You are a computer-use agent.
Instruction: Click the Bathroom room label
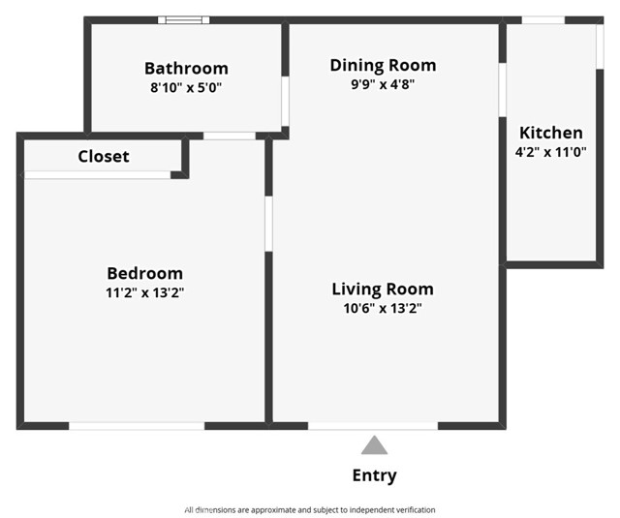tap(186, 68)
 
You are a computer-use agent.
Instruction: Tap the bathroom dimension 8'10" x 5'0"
tap(186, 86)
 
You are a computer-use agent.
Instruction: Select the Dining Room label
tap(383, 65)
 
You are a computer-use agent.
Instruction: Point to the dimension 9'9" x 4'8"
tap(383, 84)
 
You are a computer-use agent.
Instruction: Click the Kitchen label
tap(551, 133)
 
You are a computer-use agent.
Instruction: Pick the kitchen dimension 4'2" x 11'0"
tap(551, 151)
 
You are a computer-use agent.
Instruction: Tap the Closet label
tap(103, 156)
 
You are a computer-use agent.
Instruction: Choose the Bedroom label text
tap(144, 273)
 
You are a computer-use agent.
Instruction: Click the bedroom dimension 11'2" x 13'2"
tap(144, 292)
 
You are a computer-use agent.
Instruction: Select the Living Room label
tap(383, 289)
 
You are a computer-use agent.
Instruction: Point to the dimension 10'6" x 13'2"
tap(383, 308)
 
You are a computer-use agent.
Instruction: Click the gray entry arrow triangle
tap(374, 445)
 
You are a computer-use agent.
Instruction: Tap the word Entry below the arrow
tap(374, 475)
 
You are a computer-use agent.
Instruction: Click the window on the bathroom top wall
tap(184, 19)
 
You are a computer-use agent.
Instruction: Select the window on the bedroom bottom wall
tap(137, 425)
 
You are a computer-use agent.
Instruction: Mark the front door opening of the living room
tap(373, 425)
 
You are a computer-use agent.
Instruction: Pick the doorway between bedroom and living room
tap(268, 223)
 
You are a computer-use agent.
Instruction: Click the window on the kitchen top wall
tap(543, 19)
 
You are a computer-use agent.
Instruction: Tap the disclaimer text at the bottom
tap(310, 509)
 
